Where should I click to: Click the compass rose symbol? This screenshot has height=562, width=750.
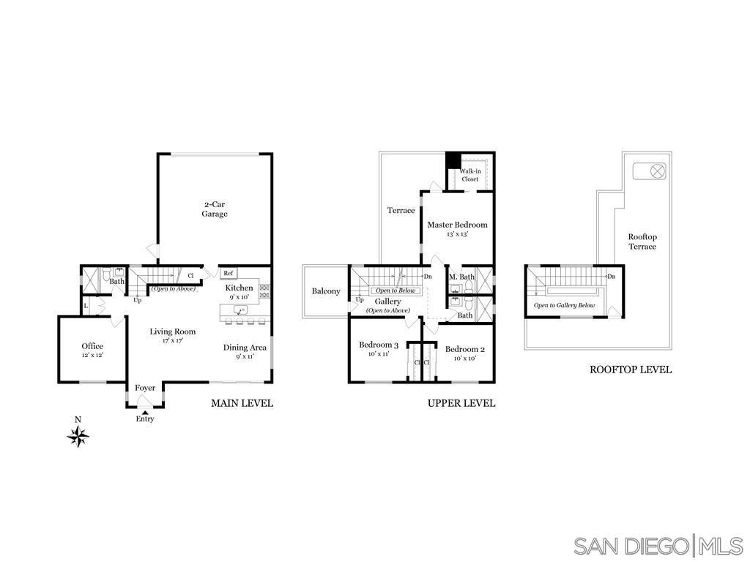tap(78, 436)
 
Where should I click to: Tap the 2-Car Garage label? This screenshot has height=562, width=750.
tap(215, 209)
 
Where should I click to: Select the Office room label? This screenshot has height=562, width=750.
tap(92, 350)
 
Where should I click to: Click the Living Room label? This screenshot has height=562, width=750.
tap(172, 335)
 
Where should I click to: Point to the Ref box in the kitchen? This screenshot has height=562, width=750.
tap(229, 274)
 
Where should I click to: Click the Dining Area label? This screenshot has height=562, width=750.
tap(245, 351)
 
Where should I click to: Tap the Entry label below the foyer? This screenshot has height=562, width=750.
tap(145, 419)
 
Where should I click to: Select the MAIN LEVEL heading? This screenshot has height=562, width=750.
tap(242, 402)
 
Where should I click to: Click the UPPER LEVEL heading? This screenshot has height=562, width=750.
tap(461, 402)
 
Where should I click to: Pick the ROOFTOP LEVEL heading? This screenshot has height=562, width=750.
tap(631, 370)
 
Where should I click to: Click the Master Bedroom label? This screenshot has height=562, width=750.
tap(457, 229)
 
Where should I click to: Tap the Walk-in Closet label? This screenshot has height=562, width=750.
tap(469, 175)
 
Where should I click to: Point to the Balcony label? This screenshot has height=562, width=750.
tap(326, 291)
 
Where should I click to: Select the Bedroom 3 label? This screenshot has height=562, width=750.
tap(379, 349)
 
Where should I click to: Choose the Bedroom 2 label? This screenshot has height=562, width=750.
tap(464, 353)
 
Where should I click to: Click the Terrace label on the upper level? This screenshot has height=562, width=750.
tap(401, 211)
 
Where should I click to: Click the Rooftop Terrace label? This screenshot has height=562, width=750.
tap(642, 241)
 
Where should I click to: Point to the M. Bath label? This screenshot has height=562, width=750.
tap(462, 277)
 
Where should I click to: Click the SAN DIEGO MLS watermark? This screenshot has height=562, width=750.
tap(658, 545)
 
